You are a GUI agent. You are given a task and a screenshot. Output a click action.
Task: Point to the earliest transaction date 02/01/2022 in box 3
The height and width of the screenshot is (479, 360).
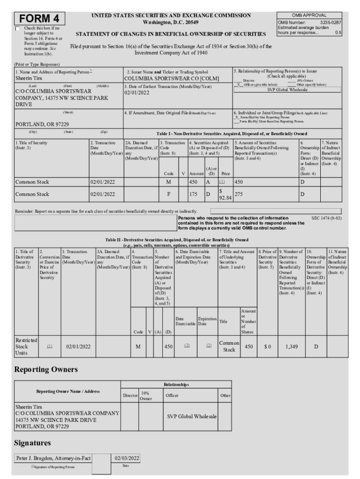pyautogui.click(x=139, y=93)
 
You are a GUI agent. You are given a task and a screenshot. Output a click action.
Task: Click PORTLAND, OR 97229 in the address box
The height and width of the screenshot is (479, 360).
pyautogui.click(x=43, y=124)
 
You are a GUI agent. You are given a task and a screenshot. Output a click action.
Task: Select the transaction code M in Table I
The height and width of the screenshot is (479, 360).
pyautogui.click(x=168, y=181)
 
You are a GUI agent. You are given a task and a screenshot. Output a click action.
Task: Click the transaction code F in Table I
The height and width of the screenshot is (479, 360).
pyautogui.click(x=168, y=194)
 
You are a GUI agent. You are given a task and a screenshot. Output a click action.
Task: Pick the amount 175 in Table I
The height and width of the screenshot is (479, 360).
pyautogui.click(x=193, y=194)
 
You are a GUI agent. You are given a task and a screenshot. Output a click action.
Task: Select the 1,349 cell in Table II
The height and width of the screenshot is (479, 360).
pyautogui.click(x=291, y=347)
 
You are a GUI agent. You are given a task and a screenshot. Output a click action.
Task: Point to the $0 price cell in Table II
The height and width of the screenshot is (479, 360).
pyautogui.click(x=267, y=347)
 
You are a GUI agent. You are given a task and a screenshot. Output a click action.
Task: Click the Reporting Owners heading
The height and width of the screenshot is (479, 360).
pyautogui.click(x=46, y=370)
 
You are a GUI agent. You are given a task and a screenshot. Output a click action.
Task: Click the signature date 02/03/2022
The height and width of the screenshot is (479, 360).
pyautogui.click(x=127, y=458)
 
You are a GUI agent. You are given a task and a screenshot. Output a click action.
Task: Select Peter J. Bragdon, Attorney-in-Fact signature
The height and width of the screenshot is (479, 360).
pyautogui.click(x=53, y=458)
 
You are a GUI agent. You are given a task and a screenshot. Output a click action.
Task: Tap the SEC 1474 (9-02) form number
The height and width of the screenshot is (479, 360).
pyautogui.click(x=326, y=218)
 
